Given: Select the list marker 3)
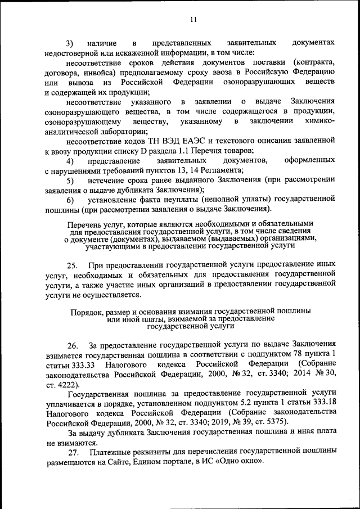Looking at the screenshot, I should tap(70, 43).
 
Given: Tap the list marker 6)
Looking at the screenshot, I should tap(70, 199).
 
